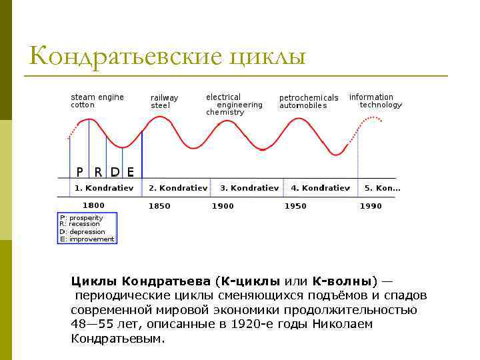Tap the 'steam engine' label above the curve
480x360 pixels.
point(97,97)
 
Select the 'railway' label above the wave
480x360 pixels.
point(164,98)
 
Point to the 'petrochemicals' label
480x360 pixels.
point(309,98)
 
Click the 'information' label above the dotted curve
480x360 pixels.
point(371,97)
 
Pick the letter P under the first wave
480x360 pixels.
point(80,171)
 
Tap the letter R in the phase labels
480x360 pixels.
point(98,171)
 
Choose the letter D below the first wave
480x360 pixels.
point(115,171)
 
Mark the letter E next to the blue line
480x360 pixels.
point(131,171)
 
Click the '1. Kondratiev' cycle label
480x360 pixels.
point(103,188)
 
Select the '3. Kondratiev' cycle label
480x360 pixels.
point(249,188)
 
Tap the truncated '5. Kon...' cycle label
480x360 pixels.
point(382,188)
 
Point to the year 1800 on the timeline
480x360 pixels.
point(93,205)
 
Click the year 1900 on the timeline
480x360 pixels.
point(223,206)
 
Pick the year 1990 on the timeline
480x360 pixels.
point(371,206)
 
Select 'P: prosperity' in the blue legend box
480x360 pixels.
point(82,218)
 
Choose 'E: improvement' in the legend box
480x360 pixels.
point(87,239)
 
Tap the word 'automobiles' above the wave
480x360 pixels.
point(303,106)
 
